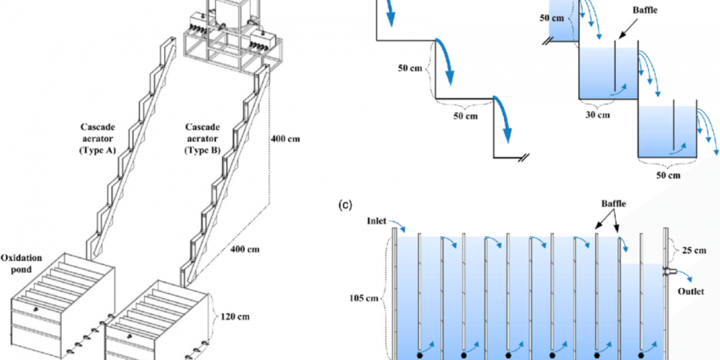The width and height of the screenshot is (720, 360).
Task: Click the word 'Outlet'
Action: tap(692, 293)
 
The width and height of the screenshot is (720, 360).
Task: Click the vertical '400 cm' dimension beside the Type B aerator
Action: tap(285, 139)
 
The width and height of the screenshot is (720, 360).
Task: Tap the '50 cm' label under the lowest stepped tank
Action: tap(667, 175)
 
